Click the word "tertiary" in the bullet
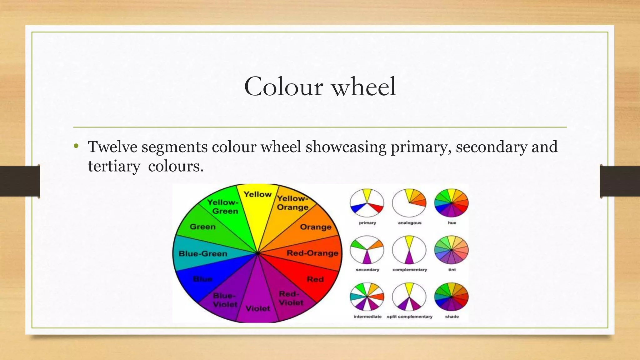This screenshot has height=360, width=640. click(x=114, y=166)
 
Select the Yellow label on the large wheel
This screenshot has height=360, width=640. click(x=257, y=194)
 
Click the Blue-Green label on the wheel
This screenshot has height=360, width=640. click(x=203, y=253)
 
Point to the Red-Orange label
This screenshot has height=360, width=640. click(x=312, y=253)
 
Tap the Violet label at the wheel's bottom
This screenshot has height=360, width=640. click(x=258, y=309)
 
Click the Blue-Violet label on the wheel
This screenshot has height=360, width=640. click(x=225, y=300)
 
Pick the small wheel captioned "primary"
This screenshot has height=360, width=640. click(x=367, y=203)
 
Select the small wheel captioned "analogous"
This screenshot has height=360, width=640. click(x=409, y=203)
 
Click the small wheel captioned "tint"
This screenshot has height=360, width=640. click(x=451, y=250)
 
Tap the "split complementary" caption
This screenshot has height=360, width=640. click(x=410, y=317)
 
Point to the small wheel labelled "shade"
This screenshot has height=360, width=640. click(x=451, y=297)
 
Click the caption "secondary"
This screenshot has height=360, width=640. click(x=367, y=270)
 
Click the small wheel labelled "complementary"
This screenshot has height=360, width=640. click(x=409, y=250)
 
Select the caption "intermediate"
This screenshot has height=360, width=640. click(x=367, y=317)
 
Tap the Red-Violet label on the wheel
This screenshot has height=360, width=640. click(x=291, y=298)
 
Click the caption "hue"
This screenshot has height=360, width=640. click(x=452, y=223)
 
